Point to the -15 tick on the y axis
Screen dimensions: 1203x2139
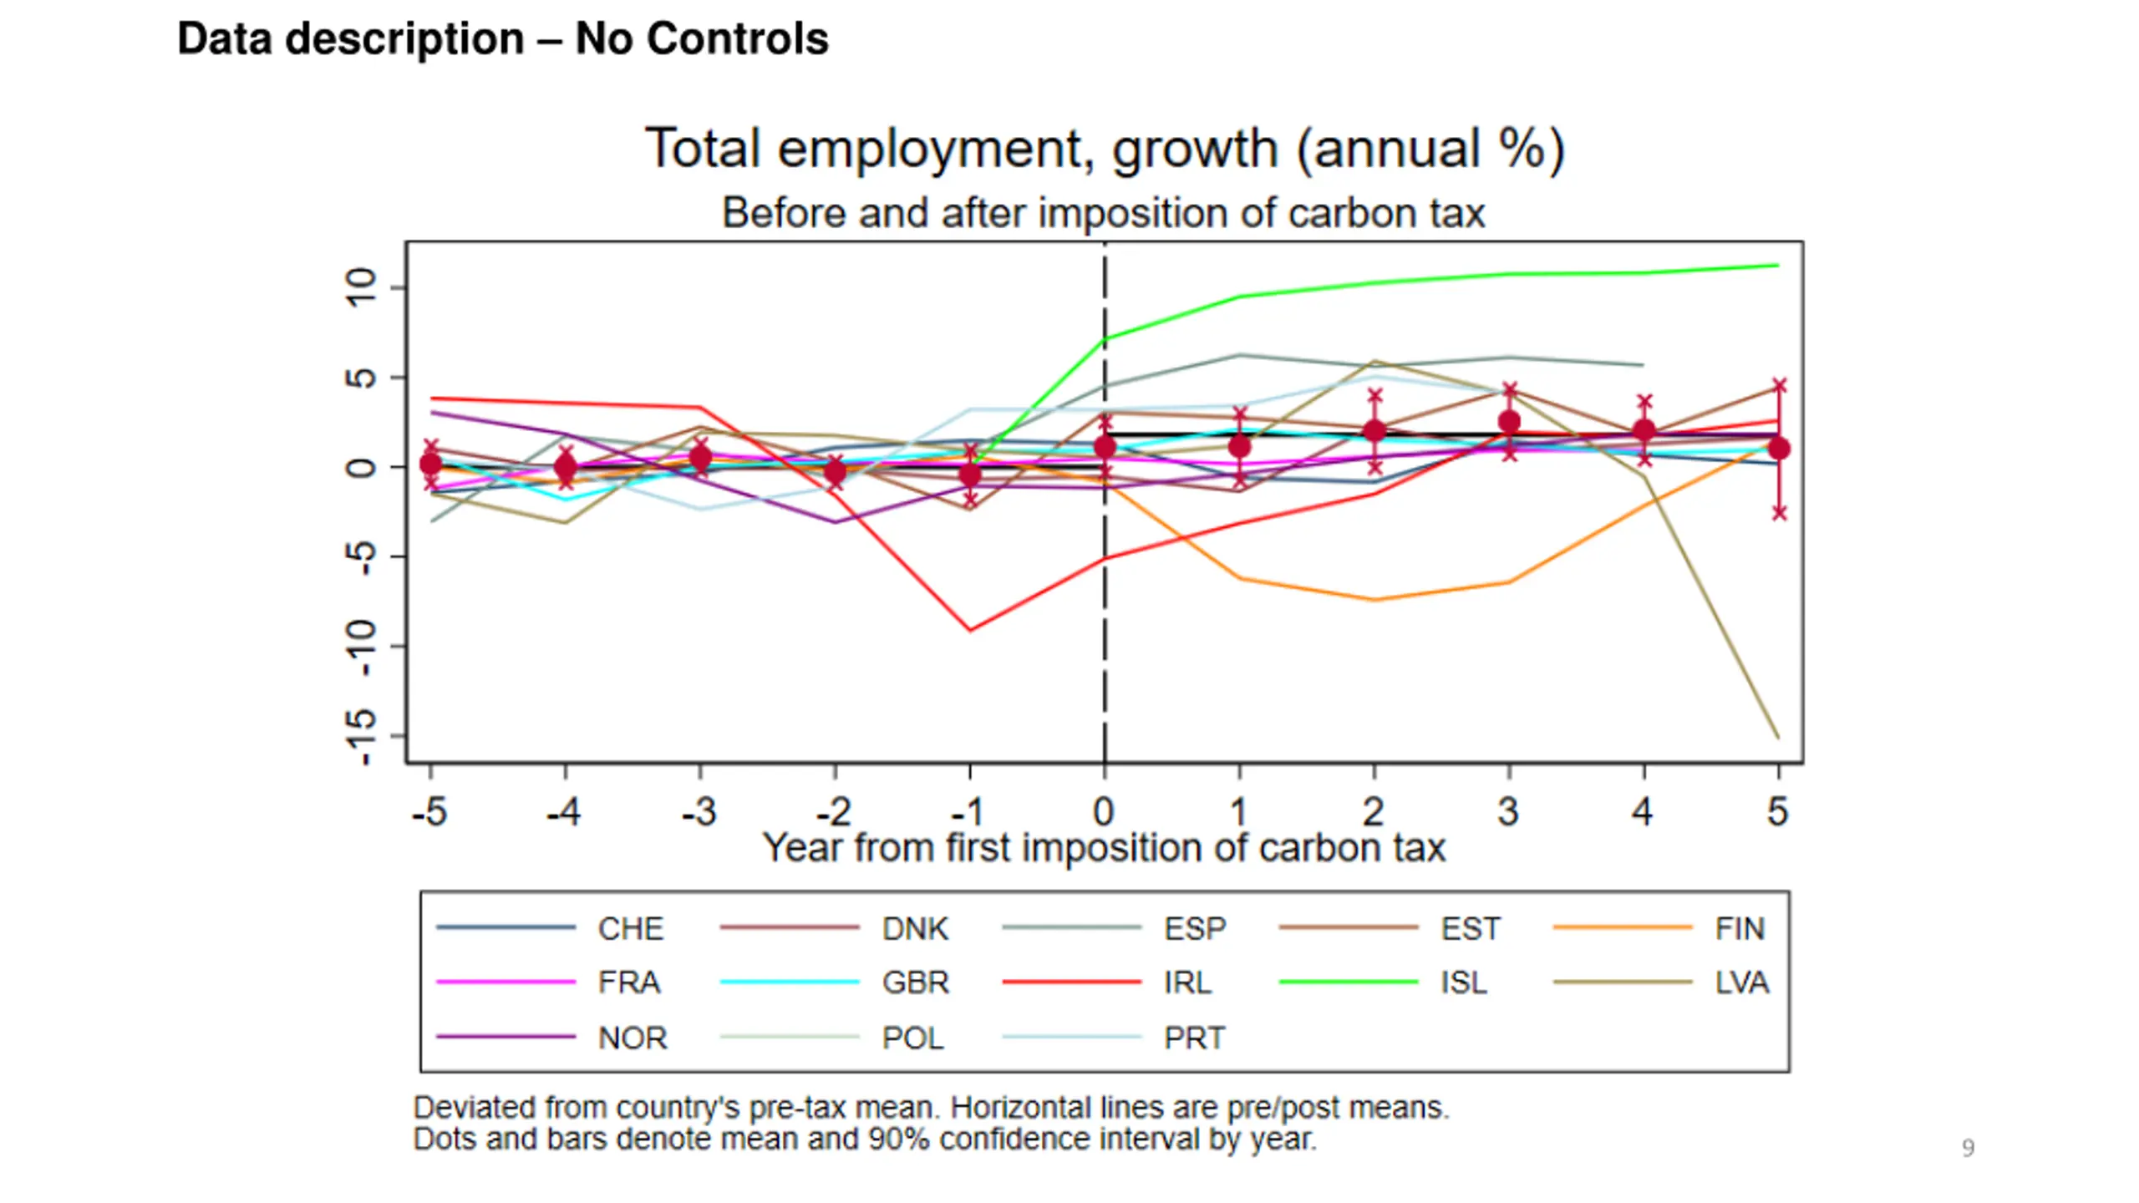click(361, 737)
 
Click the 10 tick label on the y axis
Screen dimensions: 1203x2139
click(361, 287)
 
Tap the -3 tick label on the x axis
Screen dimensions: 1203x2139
click(699, 811)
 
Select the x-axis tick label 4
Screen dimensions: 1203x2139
click(1643, 811)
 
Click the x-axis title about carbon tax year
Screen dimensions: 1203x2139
click(1104, 848)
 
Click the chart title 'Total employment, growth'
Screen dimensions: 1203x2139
click(1104, 149)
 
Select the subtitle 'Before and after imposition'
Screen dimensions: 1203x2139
click(1104, 213)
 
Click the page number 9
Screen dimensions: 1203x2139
click(1968, 1148)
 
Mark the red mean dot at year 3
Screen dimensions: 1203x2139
click(1509, 422)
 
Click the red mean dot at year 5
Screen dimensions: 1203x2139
click(1779, 449)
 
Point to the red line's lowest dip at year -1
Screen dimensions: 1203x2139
click(970, 630)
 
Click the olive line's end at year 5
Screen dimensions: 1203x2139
click(1777, 737)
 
